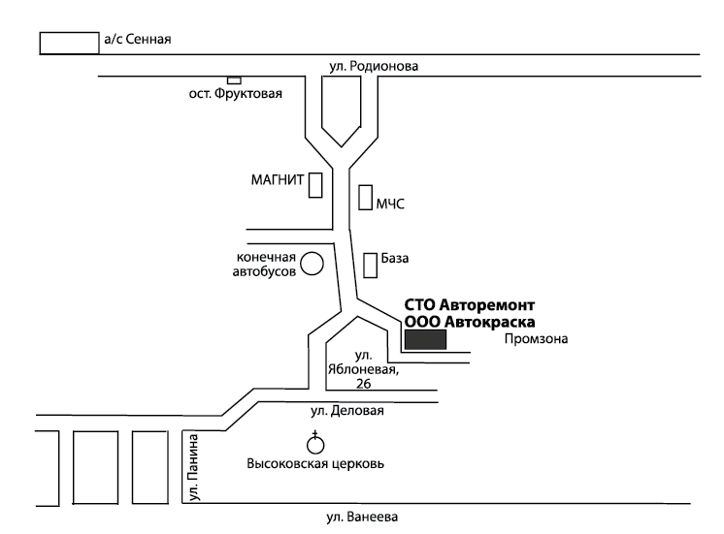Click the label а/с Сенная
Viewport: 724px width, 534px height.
[x=137, y=41]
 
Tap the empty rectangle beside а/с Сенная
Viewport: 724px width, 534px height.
[x=68, y=43]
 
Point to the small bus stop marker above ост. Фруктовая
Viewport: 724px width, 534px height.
[x=234, y=79]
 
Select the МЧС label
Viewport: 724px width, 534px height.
[x=389, y=204]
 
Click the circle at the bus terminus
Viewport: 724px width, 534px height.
[x=312, y=263]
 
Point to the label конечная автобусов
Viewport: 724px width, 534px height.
[x=266, y=265]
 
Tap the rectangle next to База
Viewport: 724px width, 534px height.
[x=370, y=264]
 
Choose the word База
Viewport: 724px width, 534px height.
[x=396, y=259]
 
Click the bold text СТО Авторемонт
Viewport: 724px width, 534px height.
[x=470, y=304]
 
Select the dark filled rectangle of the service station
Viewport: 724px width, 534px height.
[x=425, y=339]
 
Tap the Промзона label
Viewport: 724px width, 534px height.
[x=535, y=339]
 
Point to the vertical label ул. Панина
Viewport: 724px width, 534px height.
[x=191, y=468]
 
